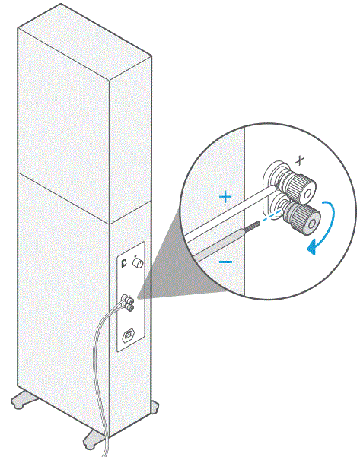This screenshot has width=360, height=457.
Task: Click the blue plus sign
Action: coord(225,196)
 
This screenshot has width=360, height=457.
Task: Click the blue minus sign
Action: coord(226,261)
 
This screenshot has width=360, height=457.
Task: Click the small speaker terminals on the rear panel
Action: coord(127,303)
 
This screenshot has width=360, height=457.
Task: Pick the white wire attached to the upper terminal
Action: coord(228,214)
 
